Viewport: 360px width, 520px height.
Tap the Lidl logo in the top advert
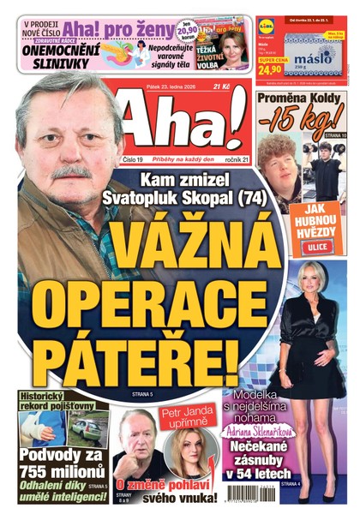[268, 25]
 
